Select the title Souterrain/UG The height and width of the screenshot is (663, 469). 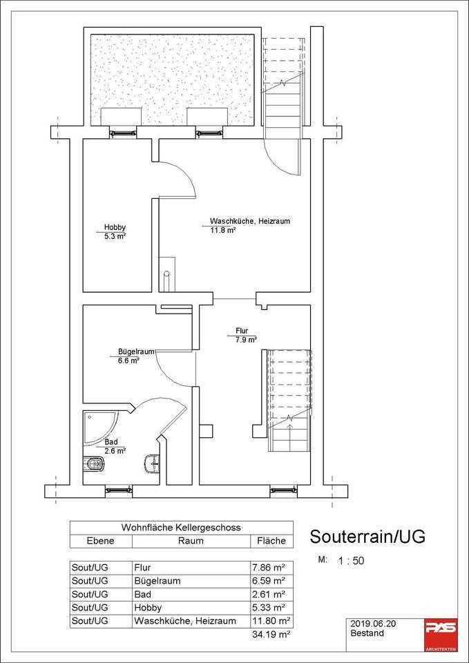[x=367, y=536]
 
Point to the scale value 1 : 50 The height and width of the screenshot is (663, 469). [x=351, y=560]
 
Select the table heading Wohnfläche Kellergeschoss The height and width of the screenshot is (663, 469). [x=181, y=528]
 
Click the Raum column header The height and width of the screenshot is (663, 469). [x=191, y=541]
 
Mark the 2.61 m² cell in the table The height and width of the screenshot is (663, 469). [x=269, y=594]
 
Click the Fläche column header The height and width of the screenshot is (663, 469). [x=271, y=541]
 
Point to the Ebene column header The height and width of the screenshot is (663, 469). [x=99, y=541]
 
